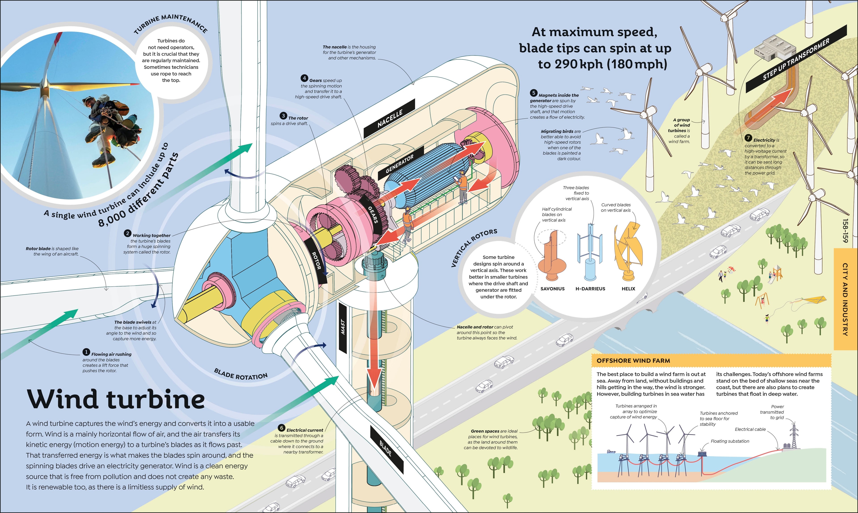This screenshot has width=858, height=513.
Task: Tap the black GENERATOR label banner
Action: (400, 163)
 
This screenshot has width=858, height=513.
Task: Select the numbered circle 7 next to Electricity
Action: (748, 138)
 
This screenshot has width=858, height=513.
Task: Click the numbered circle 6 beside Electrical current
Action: (282, 428)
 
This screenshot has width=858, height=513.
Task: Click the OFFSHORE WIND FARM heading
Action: (633, 361)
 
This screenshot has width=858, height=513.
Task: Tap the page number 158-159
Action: (845, 231)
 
